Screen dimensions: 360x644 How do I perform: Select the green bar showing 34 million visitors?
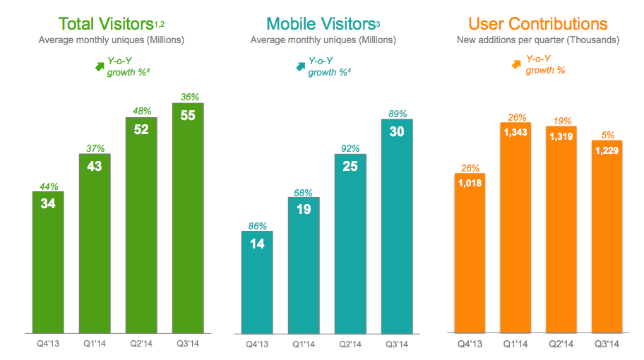click(x=48, y=261)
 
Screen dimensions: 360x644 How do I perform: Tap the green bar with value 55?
click(x=187, y=219)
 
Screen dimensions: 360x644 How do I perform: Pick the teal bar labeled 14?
click(x=257, y=282)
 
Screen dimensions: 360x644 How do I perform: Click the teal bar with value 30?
click(x=397, y=226)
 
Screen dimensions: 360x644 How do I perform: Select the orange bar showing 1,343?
click(x=516, y=226)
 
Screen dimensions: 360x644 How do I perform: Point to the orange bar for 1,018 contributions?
click(x=470, y=254)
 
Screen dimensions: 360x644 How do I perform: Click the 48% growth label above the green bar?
click(x=141, y=111)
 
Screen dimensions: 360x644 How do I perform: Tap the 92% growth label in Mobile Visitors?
click(x=350, y=149)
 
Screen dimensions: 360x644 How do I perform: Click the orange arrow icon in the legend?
click(x=516, y=65)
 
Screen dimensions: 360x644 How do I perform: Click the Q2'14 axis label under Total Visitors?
click(x=141, y=344)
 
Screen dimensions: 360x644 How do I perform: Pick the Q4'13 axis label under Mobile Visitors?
click(x=257, y=344)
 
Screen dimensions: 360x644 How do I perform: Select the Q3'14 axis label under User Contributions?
click(x=607, y=344)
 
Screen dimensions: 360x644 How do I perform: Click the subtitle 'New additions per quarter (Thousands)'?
click(x=538, y=40)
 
